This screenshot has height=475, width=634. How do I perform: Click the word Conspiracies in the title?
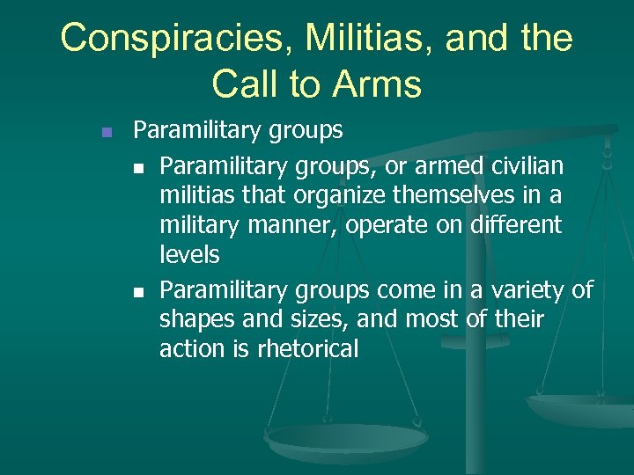tap(181, 39)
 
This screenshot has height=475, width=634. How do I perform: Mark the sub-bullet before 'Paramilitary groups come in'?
tap(139, 290)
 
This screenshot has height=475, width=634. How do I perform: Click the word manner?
tap(296, 225)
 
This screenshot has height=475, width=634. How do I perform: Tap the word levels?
tap(188, 255)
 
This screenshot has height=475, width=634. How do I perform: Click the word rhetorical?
tap(307, 349)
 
